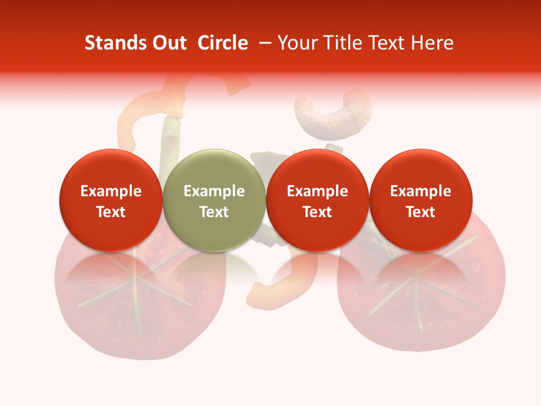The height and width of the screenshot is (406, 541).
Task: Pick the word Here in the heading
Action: (432, 43)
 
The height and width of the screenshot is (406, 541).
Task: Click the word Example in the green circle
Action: (214, 191)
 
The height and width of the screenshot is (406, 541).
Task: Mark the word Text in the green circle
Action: (214, 212)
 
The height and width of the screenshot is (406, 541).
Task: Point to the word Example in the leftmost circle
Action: (110, 191)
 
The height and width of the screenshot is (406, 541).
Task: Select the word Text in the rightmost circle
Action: (420, 212)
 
